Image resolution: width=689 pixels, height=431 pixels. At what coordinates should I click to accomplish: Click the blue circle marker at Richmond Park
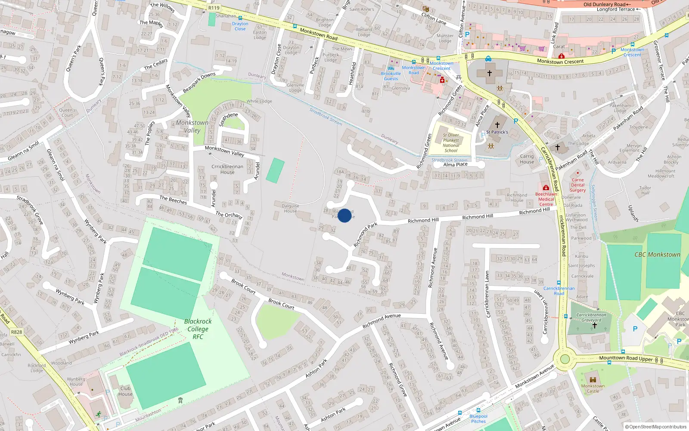point(344,215)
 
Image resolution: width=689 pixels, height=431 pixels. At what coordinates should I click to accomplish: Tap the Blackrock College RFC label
point(198,329)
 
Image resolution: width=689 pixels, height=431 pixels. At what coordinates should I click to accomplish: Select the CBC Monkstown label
point(657,255)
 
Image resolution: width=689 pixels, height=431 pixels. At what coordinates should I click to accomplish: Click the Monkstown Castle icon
point(593,379)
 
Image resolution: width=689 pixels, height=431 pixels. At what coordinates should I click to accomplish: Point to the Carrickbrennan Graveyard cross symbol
point(594,326)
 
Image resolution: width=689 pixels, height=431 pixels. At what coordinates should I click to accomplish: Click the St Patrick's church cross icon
point(497,125)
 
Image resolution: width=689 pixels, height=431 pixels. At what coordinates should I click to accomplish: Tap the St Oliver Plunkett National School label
point(451,143)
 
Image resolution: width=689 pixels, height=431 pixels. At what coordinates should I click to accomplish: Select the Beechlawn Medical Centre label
point(546,199)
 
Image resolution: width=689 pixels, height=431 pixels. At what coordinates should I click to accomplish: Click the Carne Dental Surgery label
point(577,185)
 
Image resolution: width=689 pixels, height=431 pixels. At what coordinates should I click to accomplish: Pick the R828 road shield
point(16,332)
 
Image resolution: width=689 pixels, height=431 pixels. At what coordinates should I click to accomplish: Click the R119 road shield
point(214,8)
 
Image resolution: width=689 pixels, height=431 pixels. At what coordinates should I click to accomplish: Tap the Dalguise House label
point(290,209)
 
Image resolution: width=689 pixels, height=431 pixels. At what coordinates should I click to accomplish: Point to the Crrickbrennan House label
point(227,169)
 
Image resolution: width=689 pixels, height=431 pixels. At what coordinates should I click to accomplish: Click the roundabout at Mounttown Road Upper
point(565,359)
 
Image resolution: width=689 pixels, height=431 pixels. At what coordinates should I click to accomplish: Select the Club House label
point(125,391)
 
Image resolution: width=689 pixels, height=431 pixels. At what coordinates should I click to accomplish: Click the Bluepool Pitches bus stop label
point(478,419)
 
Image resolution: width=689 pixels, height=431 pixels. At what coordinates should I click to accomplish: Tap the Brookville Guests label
point(391,76)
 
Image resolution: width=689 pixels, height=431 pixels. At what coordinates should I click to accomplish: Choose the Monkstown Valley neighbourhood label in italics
point(192,126)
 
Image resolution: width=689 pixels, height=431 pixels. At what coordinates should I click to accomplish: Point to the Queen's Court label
point(67,112)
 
